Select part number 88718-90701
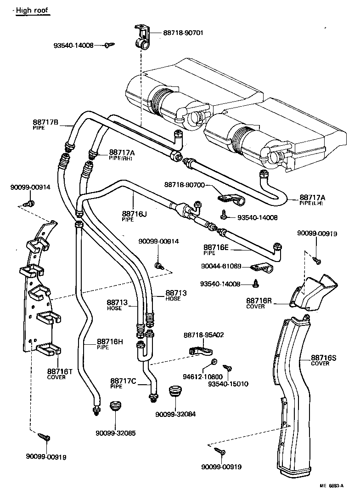point(183,33)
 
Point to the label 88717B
point(45,122)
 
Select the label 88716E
point(216,247)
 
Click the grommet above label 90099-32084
point(174,393)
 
